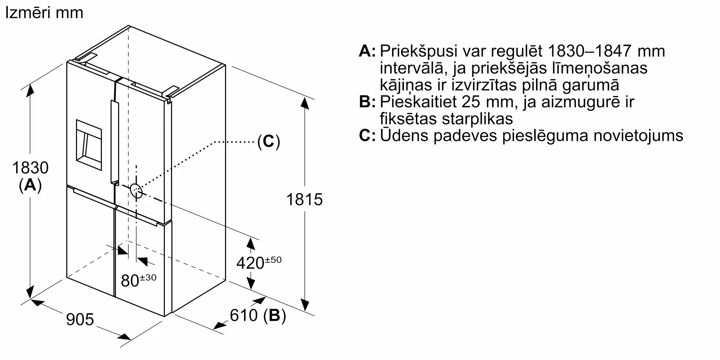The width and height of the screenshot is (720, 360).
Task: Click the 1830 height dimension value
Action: [30, 168]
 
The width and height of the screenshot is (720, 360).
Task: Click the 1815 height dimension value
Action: [304, 199]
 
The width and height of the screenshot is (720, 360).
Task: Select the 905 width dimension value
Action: [80, 319]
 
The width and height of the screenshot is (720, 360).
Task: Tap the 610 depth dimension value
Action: [244, 315]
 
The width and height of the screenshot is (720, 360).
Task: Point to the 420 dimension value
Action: [250, 263]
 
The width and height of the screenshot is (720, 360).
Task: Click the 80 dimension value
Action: [130, 281]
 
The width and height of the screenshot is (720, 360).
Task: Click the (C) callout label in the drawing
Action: [269, 141]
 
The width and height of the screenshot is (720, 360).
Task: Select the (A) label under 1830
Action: [30, 185]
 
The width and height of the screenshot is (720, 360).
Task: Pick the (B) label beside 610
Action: [274, 315]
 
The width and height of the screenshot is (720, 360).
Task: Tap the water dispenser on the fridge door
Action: [89, 140]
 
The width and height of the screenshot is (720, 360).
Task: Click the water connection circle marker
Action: [136, 191]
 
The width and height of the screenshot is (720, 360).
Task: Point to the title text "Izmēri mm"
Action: [44, 13]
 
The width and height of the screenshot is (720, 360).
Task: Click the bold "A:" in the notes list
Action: [367, 51]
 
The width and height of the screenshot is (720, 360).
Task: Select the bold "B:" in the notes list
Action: [367, 102]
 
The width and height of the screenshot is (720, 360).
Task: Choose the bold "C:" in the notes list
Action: [367, 136]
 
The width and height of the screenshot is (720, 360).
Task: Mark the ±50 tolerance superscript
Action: [274, 260]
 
